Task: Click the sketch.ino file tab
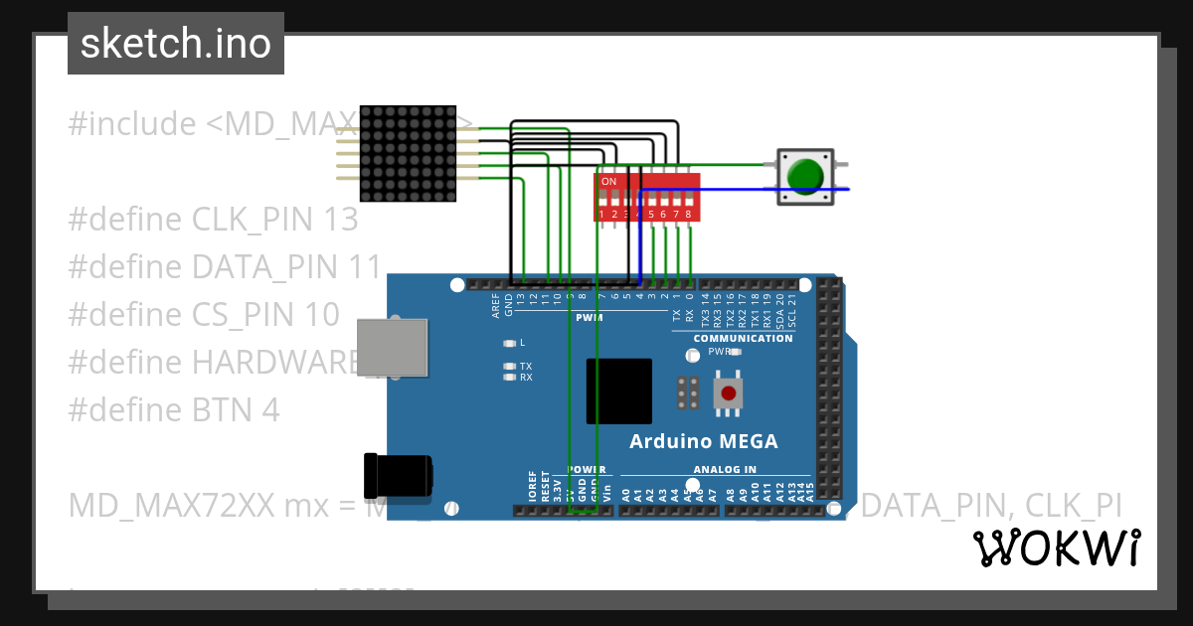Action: point(176,44)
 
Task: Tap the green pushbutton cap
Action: point(804,176)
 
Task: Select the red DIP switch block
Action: point(647,197)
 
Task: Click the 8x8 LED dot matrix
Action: point(408,154)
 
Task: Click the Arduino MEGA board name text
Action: point(704,441)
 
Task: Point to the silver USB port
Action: point(392,348)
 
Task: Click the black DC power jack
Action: point(397,476)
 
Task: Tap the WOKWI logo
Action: point(1057,548)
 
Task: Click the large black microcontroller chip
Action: point(618,391)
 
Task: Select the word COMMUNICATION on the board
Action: point(743,338)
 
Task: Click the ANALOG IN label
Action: point(724,469)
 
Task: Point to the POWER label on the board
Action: point(587,469)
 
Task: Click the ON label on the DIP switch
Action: point(608,182)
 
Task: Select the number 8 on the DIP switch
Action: point(688,214)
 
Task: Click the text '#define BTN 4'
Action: point(174,409)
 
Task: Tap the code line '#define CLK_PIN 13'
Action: point(213,219)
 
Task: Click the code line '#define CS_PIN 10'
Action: point(204,314)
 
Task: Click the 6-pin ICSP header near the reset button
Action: point(687,393)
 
